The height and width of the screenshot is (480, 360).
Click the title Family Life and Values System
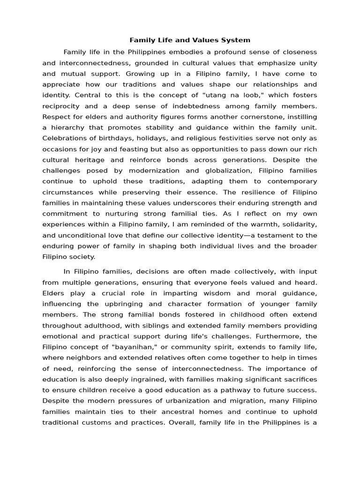pos(190,40)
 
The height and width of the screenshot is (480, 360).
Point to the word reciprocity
pos(60,106)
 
